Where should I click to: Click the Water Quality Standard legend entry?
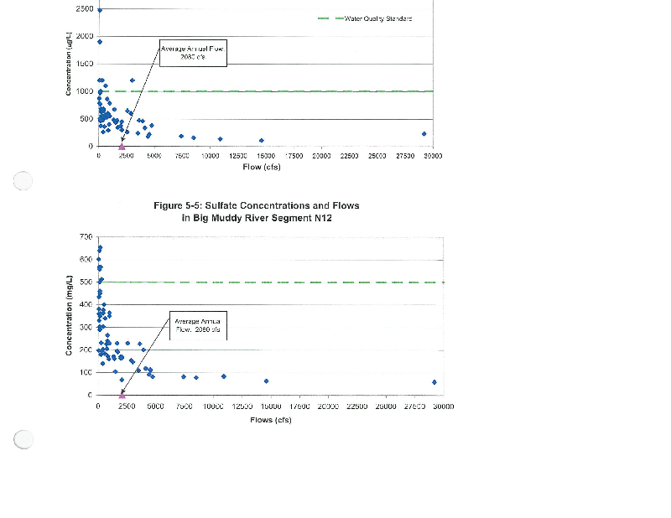372,18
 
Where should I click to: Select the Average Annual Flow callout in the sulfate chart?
198,324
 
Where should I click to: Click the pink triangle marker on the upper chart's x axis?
122,145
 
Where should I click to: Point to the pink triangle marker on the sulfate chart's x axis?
122,393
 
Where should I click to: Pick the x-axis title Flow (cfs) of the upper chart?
262,167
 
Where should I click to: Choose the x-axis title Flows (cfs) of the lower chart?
270,419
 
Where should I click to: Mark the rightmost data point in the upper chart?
424,133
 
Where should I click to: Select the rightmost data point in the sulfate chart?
434,382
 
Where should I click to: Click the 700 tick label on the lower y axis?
85,238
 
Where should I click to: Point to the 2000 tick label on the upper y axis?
84,37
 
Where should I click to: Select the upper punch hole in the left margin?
23,179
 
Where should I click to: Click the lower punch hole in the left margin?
23,439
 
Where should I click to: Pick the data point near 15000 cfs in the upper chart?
262,140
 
